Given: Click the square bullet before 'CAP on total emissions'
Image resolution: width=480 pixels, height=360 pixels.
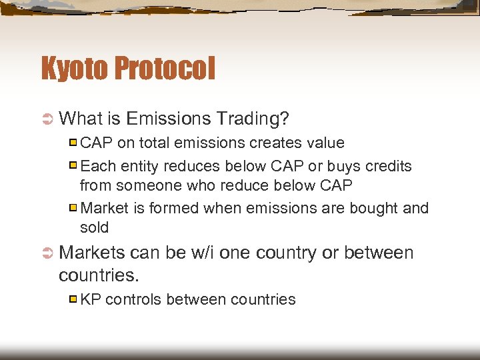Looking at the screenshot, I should [74, 143].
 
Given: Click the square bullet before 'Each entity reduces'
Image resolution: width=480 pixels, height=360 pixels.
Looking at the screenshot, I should [74, 165].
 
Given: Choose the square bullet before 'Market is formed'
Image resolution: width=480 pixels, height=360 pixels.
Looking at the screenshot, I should [74, 208].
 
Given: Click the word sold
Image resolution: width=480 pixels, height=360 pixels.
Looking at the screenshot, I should [94, 227].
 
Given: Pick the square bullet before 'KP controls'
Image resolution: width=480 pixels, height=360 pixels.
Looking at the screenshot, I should [74, 299].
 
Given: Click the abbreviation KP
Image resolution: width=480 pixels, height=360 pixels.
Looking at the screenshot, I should [91, 299].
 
